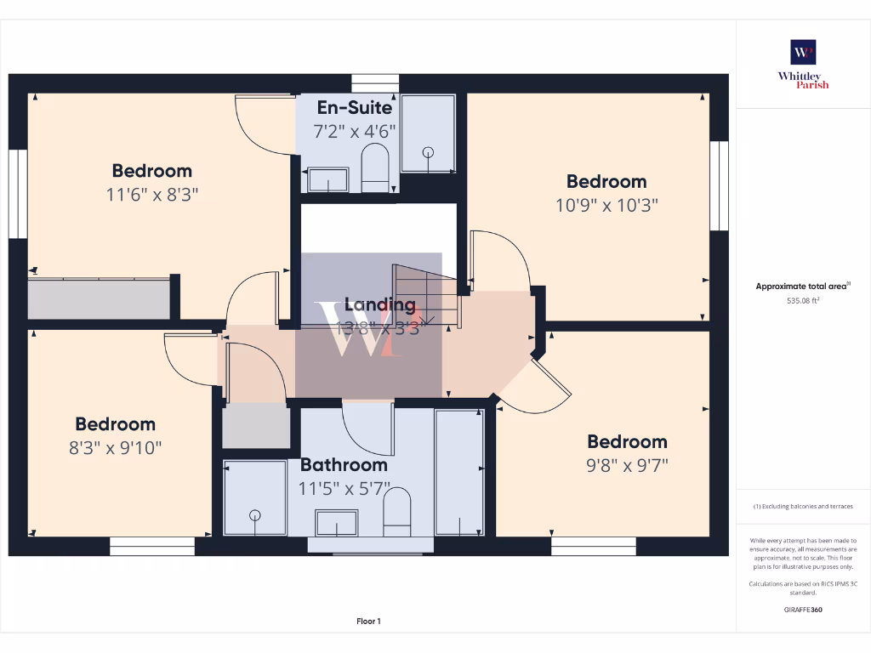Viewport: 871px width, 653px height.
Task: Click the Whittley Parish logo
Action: [803, 64]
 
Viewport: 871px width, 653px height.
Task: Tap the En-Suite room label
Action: [354, 108]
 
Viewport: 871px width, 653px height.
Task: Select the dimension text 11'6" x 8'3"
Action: [152, 194]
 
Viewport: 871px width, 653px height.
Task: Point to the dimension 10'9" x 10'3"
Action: [606, 205]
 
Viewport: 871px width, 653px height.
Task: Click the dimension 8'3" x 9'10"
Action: [116, 447]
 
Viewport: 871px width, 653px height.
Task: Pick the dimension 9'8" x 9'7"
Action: [627, 465]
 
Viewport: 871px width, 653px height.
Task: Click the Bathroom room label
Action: [344, 465]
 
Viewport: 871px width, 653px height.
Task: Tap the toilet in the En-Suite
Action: [374, 168]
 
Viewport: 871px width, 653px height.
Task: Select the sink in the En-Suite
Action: [327, 179]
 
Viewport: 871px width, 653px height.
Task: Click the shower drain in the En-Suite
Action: [428, 153]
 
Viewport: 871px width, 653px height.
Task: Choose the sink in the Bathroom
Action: [336, 523]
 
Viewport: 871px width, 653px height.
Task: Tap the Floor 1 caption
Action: [368, 622]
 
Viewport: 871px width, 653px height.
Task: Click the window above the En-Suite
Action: [375, 82]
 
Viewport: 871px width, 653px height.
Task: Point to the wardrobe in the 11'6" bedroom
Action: [99, 298]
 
